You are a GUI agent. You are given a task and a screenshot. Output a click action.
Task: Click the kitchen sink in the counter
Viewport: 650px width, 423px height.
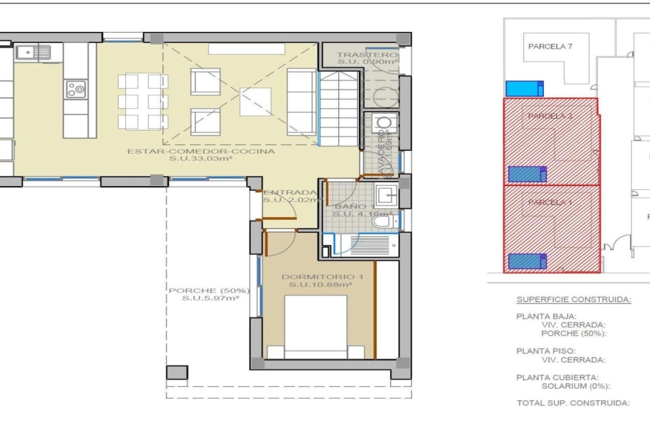point(33,51)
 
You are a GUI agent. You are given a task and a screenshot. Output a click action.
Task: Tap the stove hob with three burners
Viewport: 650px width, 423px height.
point(76,90)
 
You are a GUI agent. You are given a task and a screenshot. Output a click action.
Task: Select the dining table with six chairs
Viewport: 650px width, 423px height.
point(143,101)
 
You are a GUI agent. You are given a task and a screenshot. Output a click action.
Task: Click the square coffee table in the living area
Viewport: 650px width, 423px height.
point(255,102)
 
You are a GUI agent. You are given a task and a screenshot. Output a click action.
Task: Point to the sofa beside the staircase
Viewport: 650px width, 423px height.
point(301,102)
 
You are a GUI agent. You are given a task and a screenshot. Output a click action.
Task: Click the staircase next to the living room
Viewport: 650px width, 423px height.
point(339,108)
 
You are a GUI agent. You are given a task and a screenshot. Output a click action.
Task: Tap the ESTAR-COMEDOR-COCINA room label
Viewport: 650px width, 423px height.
point(201,151)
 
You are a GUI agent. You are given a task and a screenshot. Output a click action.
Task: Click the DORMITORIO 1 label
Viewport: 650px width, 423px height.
point(321,277)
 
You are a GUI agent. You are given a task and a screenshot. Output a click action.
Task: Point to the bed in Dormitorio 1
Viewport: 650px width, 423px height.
point(316,327)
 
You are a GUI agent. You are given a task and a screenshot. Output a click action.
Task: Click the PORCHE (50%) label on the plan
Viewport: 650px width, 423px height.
point(209,291)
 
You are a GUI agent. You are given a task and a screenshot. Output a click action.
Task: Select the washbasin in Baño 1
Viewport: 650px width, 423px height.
point(386,194)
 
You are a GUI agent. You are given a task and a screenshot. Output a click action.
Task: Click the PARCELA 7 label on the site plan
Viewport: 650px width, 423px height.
point(550,46)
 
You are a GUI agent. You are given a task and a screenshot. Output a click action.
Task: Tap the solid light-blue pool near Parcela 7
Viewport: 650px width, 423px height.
point(525,89)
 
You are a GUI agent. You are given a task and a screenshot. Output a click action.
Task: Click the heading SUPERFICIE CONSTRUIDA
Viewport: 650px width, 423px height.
point(573,300)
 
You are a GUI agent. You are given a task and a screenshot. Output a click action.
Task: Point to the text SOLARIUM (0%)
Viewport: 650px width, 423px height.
point(575,386)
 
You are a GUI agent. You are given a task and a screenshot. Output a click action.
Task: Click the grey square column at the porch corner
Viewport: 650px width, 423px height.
point(177,373)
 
